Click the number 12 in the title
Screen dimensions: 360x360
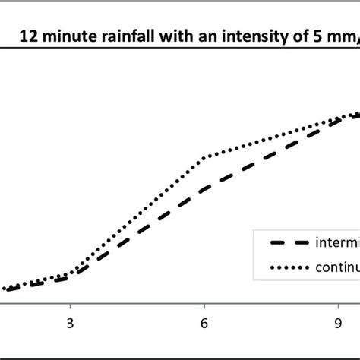(x=27, y=35)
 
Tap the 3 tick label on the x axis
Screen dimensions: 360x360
(x=71, y=322)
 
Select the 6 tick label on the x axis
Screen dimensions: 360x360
(x=204, y=322)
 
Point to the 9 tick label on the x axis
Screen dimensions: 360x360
(x=338, y=322)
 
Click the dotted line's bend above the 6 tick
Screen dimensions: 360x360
(x=204, y=158)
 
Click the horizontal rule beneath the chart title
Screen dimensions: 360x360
(x=180, y=49)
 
